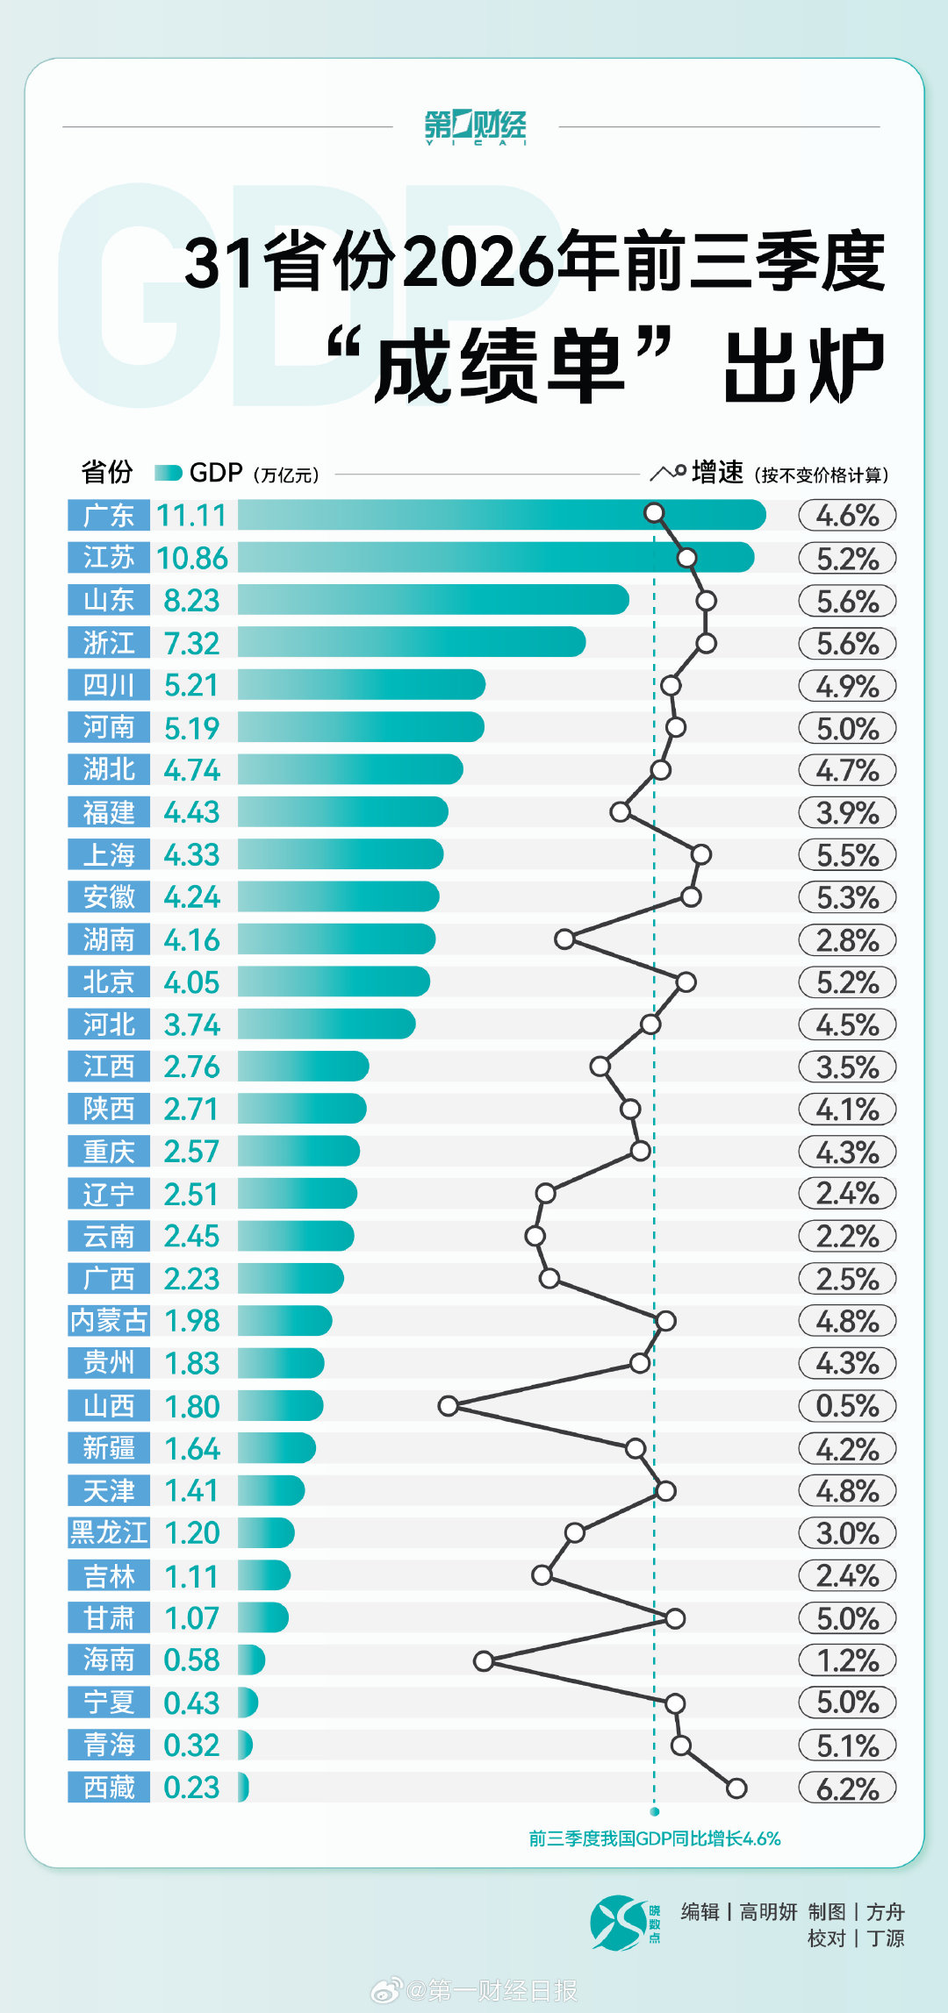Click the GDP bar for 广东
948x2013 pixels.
(501, 515)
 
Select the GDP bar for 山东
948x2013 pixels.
(434, 600)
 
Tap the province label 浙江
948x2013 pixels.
(109, 643)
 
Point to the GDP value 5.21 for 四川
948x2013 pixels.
(191, 685)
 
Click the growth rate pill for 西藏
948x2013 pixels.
(847, 1788)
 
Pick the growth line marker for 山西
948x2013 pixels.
(449, 1406)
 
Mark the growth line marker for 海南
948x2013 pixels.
(484, 1660)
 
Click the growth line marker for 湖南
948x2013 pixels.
(564, 939)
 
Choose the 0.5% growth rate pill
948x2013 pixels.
(847, 1406)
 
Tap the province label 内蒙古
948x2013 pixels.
(109, 1320)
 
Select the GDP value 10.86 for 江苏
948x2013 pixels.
(192, 558)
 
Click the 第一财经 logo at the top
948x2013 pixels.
(475, 127)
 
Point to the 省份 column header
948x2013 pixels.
(107, 472)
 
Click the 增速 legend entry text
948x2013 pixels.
(717, 472)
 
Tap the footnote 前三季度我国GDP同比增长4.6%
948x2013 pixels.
(655, 1838)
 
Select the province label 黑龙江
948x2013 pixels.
(109, 1532)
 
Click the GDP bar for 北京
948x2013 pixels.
(334, 982)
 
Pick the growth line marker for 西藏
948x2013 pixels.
(736, 1788)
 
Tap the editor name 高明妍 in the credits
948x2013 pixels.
(768, 1912)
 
